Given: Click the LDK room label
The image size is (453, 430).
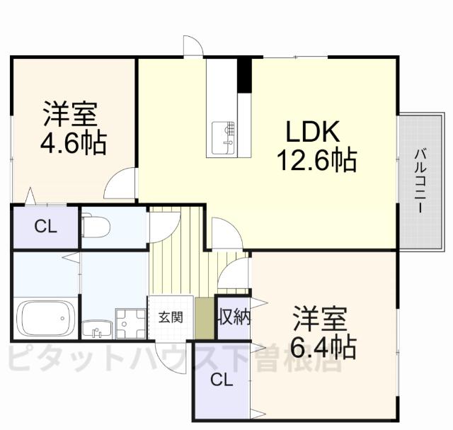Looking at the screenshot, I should [314, 132].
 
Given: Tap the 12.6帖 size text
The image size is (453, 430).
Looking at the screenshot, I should [316, 162].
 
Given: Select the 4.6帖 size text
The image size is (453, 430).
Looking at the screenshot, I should [72, 144].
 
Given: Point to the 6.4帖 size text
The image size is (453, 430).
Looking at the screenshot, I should [322, 348].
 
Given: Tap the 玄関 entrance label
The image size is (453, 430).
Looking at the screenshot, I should [170, 317].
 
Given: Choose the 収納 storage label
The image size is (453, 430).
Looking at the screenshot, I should [234, 317].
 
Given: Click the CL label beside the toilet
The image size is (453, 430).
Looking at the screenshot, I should [45, 227].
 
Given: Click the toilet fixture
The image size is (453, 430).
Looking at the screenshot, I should [95, 226].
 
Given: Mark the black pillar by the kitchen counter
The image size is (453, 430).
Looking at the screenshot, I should [244, 74].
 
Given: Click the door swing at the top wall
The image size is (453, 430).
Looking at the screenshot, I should [192, 45].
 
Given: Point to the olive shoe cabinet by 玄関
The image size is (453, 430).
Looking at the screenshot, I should [205, 318].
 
